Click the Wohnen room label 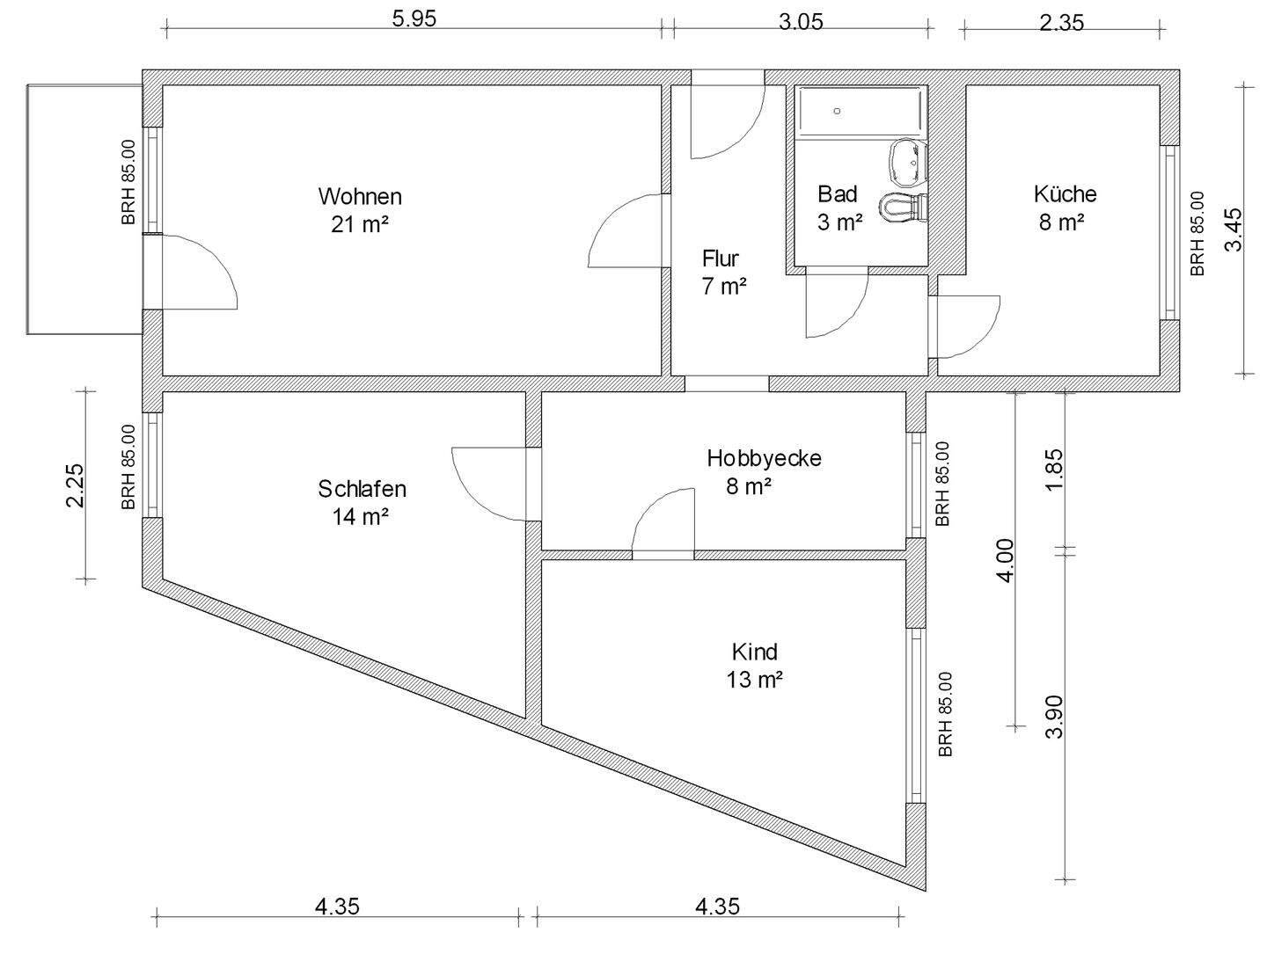pyautogui.click(x=360, y=195)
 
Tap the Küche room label pyautogui.click(x=1065, y=193)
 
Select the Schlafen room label pyautogui.click(x=362, y=488)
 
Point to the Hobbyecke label pyautogui.click(x=764, y=458)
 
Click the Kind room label pyautogui.click(x=755, y=652)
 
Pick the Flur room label pyautogui.click(x=720, y=259)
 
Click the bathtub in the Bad pyautogui.click(x=861, y=112)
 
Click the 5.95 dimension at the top pyautogui.click(x=414, y=19)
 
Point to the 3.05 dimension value pyautogui.click(x=801, y=22)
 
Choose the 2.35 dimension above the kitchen pyautogui.click(x=1061, y=23)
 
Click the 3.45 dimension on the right pyautogui.click(x=1234, y=229)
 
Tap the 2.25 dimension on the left pyautogui.click(x=75, y=484)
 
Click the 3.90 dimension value pyautogui.click(x=1055, y=717)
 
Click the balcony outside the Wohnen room pyautogui.click(x=84, y=209)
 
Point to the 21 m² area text pyautogui.click(x=360, y=224)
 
